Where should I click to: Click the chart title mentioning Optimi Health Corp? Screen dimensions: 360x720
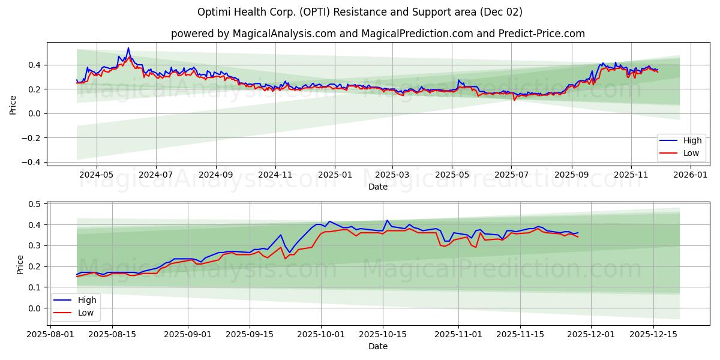[359, 12]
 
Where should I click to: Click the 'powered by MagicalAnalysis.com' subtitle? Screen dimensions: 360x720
[377, 34]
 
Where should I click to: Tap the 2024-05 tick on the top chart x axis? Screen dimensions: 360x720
[96, 175]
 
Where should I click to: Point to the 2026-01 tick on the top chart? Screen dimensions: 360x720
[691, 175]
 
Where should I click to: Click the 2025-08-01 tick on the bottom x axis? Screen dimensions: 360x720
[51, 335]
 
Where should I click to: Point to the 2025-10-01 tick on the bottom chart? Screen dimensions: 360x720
[321, 335]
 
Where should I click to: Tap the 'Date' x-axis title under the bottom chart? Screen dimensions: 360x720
[377, 346]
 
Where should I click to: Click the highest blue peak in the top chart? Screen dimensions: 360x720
[128, 48]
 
